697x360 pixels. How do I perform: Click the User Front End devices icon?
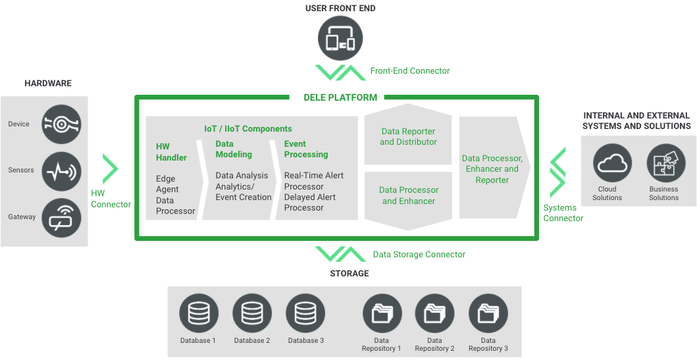341,39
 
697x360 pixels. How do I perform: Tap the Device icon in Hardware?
61,124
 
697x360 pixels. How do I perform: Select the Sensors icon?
61,170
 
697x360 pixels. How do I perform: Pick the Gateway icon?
61,217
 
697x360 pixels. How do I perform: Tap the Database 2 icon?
252,313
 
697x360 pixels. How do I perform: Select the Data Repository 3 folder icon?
488,313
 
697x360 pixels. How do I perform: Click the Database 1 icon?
198,313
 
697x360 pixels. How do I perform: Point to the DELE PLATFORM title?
340,97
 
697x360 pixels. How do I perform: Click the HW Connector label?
111,199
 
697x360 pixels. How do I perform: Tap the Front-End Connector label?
410,70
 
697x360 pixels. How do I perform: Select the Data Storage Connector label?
419,254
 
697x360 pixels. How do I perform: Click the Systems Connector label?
563,213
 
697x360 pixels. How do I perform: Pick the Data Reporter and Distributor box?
408,137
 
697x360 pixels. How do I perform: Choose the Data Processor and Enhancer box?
408,195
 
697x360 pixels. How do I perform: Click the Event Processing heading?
305,149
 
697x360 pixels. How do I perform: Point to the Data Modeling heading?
234,149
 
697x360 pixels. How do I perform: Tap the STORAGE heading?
349,273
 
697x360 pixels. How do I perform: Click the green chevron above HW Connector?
110,168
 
